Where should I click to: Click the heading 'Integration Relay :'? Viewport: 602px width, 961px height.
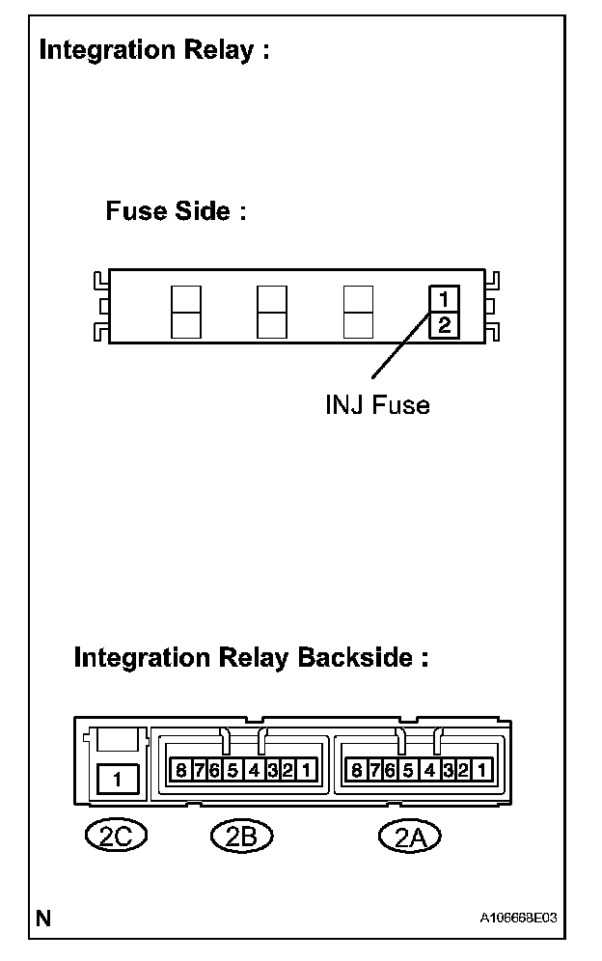point(153,50)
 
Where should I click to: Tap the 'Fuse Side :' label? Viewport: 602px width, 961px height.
point(176,211)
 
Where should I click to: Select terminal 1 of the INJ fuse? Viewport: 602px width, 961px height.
point(443,298)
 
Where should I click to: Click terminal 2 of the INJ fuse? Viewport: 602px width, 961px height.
point(443,324)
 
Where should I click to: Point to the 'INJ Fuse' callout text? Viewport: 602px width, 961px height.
point(377,405)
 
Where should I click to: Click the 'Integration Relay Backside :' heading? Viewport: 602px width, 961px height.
point(251,658)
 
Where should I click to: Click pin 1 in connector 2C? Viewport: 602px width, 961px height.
point(118,778)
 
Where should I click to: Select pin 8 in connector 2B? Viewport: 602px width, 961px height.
point(180,770)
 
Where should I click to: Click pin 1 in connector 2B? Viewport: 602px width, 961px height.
point(305,770)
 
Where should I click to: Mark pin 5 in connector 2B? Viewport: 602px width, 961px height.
point(232,770)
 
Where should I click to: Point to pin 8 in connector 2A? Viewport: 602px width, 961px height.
point(357,770)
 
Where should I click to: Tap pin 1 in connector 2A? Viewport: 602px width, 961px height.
point(481,770)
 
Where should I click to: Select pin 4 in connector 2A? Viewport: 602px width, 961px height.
point(428,770)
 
